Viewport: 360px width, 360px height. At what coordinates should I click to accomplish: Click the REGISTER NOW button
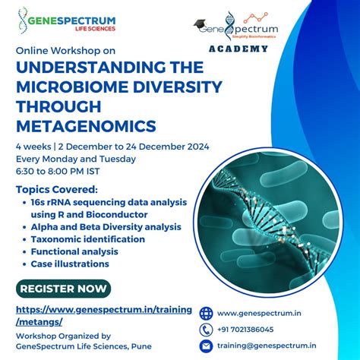coord(64,289)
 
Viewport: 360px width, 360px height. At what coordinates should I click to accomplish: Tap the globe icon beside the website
coord(206,313)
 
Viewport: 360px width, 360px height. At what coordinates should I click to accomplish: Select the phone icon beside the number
coord(206,330)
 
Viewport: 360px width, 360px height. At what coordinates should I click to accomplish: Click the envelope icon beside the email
coord(206,346)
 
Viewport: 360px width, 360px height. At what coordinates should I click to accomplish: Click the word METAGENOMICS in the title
coord(80,123)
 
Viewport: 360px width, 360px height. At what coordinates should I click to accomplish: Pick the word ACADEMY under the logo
coord(238,49)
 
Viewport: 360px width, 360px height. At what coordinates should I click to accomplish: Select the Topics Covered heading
coord(57,189)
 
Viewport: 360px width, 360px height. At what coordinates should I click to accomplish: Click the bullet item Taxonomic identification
coord(87,238)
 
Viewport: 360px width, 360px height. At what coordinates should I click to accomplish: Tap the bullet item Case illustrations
coord(70,264)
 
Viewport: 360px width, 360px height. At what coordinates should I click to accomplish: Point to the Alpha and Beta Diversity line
coord(106,226)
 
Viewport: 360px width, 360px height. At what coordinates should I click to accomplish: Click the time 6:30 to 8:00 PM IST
coord(64,171)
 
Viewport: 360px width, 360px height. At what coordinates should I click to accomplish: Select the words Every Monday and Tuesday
coord(76,159)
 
